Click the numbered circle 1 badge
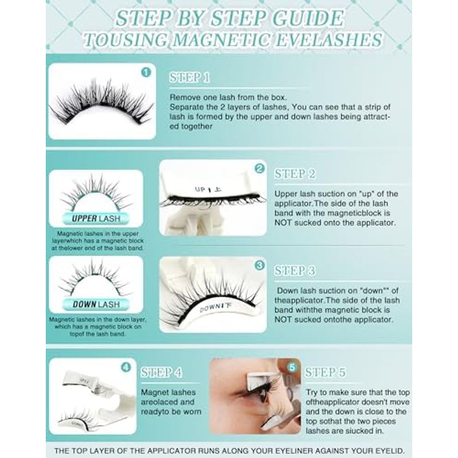tap(146, 72)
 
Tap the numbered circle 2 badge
tap(259, 168)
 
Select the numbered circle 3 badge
tap(259, 265)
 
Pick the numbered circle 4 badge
tap(126, 367)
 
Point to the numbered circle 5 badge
tap(292, 367)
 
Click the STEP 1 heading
tap(189, 78)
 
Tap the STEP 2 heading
tap(295, 174)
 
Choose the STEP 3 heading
tap(295, 271)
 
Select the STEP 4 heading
tap(161, 373)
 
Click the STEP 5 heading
tap(325, 373)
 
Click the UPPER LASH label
tap(96, 219)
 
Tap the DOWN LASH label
tap(96, 305)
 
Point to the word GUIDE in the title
tap(307, 18)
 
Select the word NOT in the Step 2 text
tap(283, 223)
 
